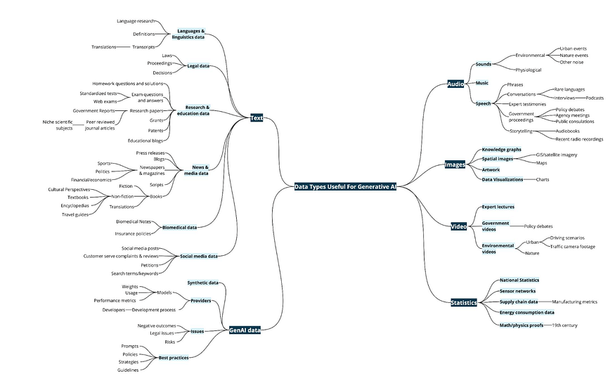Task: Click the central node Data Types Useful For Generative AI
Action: [345, 187]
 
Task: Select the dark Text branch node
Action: [257, 118]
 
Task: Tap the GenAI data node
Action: [245, 330]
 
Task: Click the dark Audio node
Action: [455, 84]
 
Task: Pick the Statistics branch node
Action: [463, 302]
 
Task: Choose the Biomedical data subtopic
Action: [179, 227]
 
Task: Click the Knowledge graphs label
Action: [501, 150]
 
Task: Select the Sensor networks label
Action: [517, 290]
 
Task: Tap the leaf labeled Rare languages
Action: [569, 90]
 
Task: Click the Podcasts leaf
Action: [595, 98]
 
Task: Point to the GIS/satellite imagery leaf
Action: [557, 155]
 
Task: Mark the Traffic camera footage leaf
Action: [572, 246]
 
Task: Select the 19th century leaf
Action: [564, 325]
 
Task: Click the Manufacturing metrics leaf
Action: [574, 302]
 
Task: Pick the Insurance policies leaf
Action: [134, 232]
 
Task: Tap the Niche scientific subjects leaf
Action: [57, 124]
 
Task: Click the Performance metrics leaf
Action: [115, 300]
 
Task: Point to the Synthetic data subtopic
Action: [202, 283]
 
